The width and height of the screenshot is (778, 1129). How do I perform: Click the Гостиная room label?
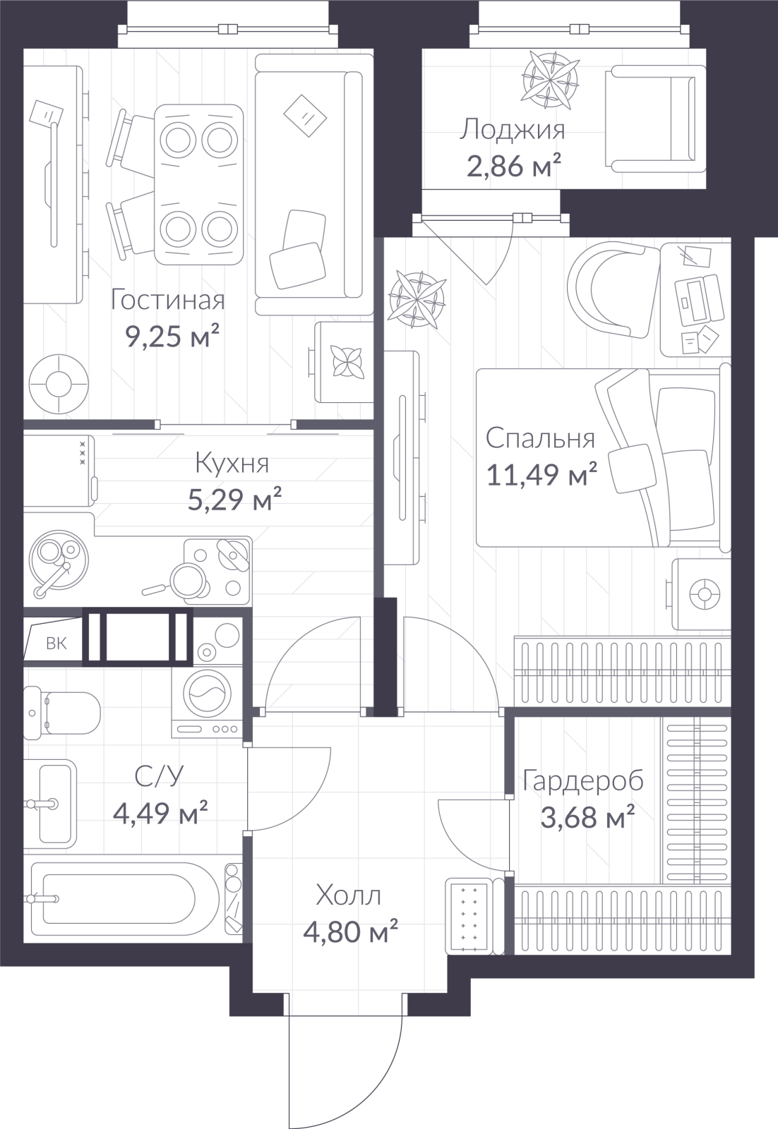tap(167, 300)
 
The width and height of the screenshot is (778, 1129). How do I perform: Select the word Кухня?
tap(232, 464)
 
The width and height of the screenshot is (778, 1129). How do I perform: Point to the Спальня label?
tap(540, 438)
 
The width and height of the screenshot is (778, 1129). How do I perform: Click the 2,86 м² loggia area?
tap(514, 166)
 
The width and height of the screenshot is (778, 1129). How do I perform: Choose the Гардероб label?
tap(583, 780)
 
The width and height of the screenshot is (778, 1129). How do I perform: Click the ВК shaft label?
tap(56, 644)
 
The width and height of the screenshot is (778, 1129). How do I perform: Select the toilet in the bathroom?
tap(62, 713)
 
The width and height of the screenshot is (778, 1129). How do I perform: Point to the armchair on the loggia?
tap(654, 119)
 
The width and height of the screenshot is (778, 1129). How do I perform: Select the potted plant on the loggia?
tap(549, 80)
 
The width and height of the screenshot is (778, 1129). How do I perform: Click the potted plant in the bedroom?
tap(417, 299)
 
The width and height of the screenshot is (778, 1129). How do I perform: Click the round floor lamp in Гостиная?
tap(59, 384)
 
